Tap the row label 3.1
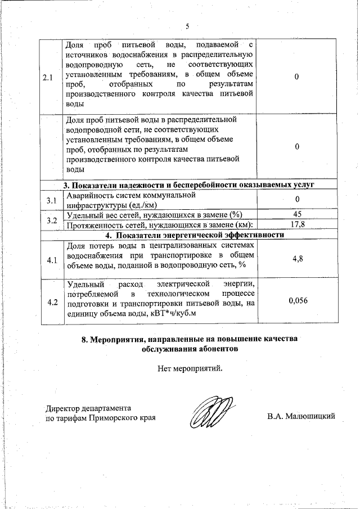click(x=52, y=201)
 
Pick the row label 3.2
click(x=52, y=220)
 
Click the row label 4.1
click(x=52, y=260)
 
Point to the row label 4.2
click(x=52, y=303)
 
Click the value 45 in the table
click(x=297, y=215)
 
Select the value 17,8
click(x=297, y=225)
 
